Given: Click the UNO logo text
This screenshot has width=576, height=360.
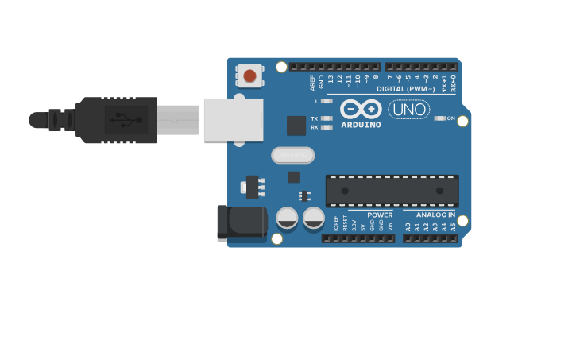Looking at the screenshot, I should [x=409, y=110].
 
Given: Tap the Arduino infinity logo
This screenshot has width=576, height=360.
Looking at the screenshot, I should [x=361, y=109].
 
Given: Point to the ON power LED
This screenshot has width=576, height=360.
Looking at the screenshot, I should [x=440, y=118].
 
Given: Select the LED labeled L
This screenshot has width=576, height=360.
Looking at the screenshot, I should [x=327, y=101].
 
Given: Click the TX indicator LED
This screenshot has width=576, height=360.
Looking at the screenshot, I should [x=327, y=118].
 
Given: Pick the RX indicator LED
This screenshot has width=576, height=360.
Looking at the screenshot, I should [x=327, y=127].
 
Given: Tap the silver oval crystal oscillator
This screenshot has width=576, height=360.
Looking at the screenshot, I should [x=293, y=155].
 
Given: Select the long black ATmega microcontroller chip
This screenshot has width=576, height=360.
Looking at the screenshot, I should [x=392, y=191].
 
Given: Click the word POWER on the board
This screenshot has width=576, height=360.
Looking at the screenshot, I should [x=380, y=215].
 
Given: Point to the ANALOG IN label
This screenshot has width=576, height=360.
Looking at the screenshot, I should [x=435, y=215].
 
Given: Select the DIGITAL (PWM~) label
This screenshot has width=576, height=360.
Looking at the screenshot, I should [x=406, y=89].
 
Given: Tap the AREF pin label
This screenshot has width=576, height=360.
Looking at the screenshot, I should [x=312, y=82].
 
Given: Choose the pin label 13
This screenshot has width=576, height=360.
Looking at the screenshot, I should [x=331, y=79].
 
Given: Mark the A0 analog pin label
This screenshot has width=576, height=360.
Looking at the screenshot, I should [x=408, y=226].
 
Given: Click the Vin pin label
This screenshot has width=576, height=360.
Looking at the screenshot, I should [x=390, y=226].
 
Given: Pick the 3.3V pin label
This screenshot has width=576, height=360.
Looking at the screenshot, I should [x=354, y=226].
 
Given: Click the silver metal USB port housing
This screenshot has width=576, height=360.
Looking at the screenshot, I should [x=233, y=120].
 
